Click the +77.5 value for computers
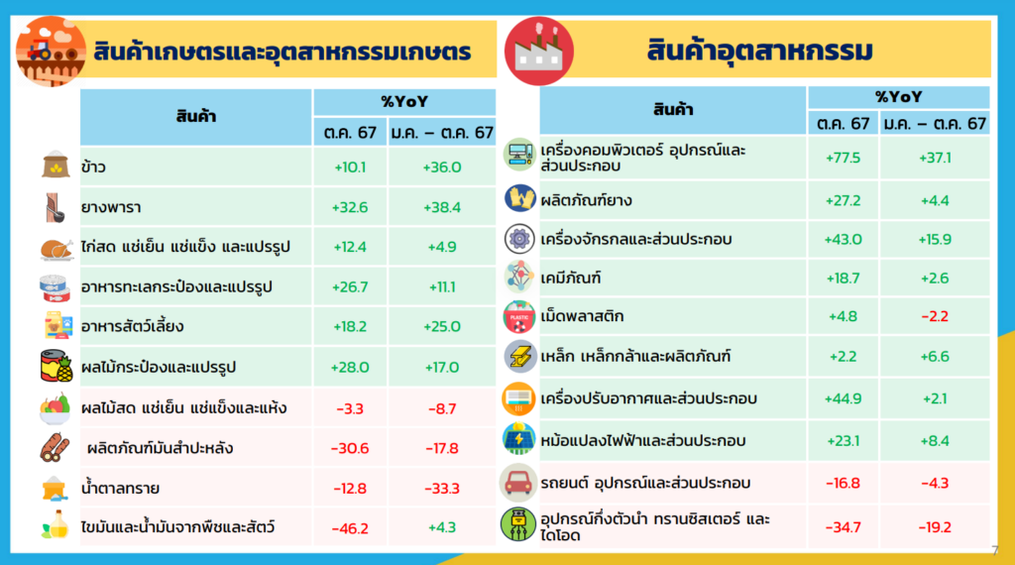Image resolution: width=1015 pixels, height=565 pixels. click(843, 158)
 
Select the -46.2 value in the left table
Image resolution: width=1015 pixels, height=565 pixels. click(350, 528)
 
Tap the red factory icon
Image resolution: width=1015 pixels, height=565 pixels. click(538, 52)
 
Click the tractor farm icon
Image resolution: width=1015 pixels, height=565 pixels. click(51, 52)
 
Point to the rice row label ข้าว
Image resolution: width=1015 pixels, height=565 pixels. click(94, 167)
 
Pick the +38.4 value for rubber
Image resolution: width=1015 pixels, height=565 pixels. click(442, 207)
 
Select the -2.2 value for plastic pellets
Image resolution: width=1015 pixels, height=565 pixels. click(935, 316)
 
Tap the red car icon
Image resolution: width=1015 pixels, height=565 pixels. click(518, 483)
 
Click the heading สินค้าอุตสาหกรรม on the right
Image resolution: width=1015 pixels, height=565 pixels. click(760, 51)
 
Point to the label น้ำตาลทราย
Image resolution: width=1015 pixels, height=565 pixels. click(120, 488)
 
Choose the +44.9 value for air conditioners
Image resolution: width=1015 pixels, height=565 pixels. click(843, 398)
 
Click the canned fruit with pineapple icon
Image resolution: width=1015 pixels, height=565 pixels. click(56, 367)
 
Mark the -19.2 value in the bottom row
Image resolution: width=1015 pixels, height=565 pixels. click(935, 527)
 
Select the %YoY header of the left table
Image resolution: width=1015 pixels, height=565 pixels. click(404, 102)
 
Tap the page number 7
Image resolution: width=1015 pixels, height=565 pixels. click(995, 551)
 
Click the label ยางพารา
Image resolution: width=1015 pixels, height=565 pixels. click(111, 207)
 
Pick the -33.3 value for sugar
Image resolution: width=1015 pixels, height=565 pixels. click(442, 488)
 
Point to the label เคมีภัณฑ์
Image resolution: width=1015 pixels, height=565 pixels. click(571, 279)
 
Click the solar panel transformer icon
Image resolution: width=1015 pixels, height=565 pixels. click(518, 439)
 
